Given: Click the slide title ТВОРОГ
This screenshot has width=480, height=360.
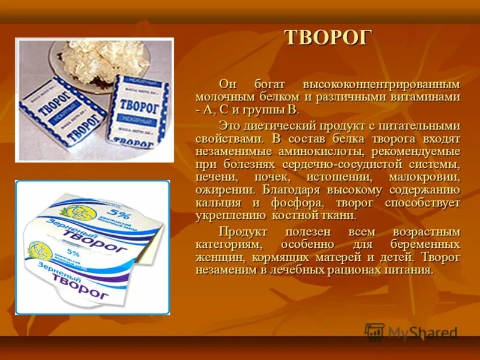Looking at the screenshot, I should pyautogui.click(x=328, y=38).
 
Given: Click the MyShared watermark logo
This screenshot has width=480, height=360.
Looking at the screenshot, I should pyautogui.click(x=411, y=332).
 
